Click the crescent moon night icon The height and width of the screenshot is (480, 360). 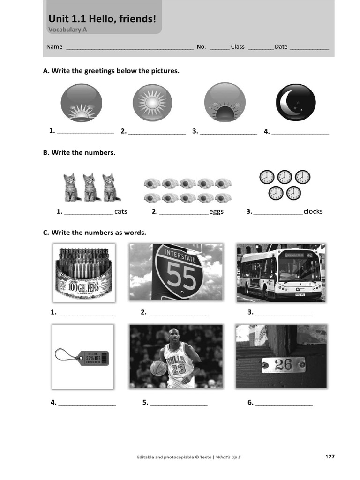click(295, 103)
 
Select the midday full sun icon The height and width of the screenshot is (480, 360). click(152, 103)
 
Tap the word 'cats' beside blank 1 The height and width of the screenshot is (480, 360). click(120, 211)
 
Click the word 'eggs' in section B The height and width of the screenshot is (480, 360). click(216, 211)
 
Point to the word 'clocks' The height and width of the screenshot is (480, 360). click(313, 211)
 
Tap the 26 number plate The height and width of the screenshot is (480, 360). click(283, 364)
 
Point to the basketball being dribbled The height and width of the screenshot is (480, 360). click(158, 368)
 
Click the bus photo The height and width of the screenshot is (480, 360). click(280, 272)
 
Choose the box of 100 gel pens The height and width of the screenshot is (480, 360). click(83, 272)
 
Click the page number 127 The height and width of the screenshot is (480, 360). click(330, 457)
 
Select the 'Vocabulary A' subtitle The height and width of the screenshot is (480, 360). click(67, 30)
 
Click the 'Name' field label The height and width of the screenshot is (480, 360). click(54, 47)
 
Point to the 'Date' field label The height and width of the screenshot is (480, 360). click(281, 47)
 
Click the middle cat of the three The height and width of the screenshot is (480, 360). click(90, 187)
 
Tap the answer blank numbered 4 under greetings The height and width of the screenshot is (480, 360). click(300, 132)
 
